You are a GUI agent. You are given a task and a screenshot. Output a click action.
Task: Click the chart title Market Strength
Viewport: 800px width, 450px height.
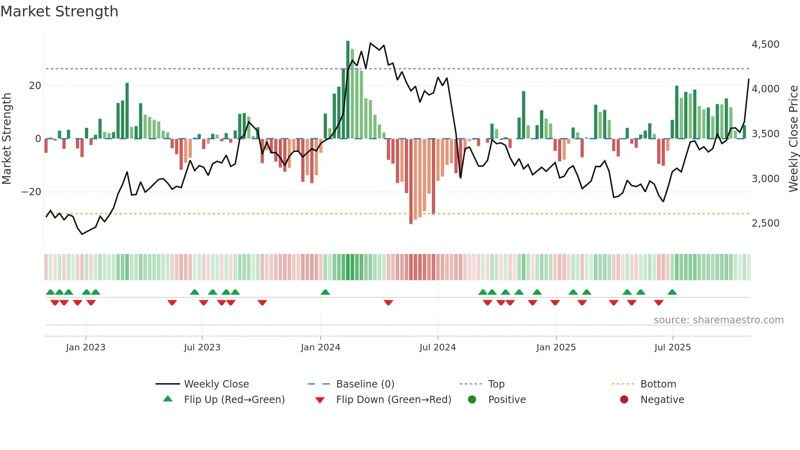click(x=59, y=11)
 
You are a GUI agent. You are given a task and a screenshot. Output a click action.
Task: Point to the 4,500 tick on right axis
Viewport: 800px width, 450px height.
click(x=765, y=44)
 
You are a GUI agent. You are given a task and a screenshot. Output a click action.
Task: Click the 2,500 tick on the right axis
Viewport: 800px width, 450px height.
click(x=765, y=223)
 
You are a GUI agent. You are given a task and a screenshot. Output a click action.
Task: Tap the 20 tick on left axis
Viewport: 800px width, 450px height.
click(x=35, y=86)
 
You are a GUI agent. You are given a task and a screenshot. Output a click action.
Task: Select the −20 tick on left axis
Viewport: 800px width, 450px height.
click(x=31, y=192)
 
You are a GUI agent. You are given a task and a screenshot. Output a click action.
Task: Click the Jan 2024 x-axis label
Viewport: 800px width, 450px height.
click(x=320, y=348)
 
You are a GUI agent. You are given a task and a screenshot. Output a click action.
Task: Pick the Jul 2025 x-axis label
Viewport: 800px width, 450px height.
click(x=672, y=348)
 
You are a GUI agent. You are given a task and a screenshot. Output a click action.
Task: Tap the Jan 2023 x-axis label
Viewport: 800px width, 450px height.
click(x=86, y=348)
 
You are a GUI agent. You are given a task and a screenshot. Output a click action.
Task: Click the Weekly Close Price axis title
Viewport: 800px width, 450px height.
click(x=793, y=138)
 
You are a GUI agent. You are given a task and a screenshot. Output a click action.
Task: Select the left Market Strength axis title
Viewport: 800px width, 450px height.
click(x=7, y=138)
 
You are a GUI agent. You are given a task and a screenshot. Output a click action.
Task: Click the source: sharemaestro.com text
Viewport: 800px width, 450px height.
click(x=718, y=320)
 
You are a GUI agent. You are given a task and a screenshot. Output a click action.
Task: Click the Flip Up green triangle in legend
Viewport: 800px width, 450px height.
click(x=168, y=399)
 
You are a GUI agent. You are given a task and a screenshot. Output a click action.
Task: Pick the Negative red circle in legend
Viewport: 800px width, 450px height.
click(x=624, y=399)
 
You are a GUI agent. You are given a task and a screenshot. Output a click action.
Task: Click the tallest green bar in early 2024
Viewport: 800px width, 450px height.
click(x=348, y=90)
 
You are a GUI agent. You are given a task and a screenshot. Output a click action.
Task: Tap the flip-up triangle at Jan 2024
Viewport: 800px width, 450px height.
click(x=325, y=292)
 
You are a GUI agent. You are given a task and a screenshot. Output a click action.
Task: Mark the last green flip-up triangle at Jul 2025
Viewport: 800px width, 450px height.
click(x=672, y=292)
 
